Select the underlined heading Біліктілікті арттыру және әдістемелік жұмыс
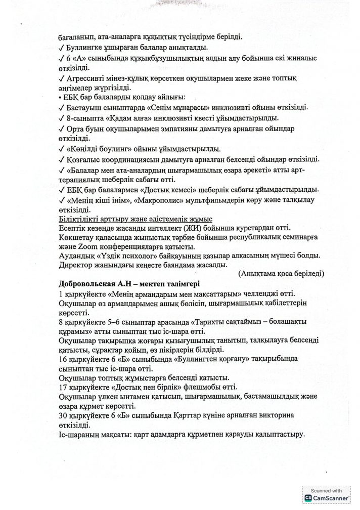[x=136, y=219]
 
